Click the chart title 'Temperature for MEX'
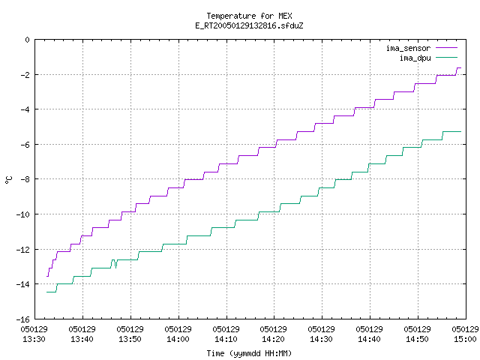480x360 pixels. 249,16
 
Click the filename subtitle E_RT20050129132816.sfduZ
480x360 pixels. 249,25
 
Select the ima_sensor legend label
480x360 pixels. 408,48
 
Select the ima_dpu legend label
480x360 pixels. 415,58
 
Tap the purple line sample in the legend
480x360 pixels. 446,48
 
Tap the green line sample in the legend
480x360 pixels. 446,57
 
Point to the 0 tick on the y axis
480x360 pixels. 27,40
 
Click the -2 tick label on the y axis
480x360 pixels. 25,75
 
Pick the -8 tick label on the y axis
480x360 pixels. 25,179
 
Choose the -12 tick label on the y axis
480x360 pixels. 23,250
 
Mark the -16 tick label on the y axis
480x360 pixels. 23,319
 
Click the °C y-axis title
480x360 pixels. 8,180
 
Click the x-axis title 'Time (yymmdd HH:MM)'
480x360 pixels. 249,353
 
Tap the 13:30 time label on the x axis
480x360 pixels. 34,339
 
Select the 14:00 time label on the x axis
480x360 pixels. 178,339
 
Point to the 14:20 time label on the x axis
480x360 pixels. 273,339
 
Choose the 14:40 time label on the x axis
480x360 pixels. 369,339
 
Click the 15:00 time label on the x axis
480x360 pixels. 465,339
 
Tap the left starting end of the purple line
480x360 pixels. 46,276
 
